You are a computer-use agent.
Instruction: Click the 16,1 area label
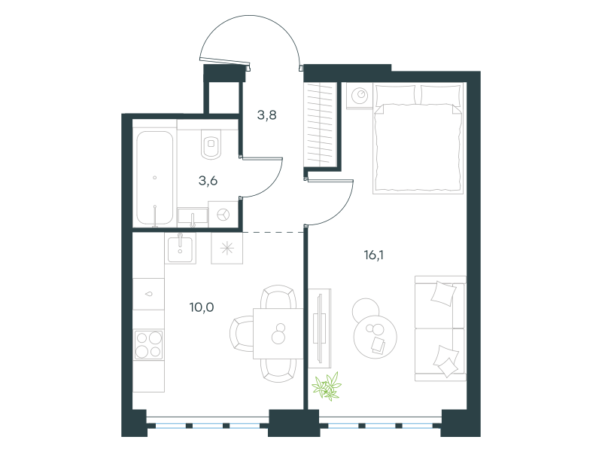point(373,255)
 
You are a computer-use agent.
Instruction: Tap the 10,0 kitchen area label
point(202,307)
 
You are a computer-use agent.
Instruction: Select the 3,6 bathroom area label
point(208,180)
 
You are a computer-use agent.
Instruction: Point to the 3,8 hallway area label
point(267,115)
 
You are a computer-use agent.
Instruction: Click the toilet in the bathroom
point(211,144)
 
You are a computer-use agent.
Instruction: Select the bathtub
point(155,178)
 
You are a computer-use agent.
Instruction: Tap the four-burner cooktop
point(148,345)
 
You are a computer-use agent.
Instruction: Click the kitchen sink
point(180,249)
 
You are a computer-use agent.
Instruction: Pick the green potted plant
point(327,386)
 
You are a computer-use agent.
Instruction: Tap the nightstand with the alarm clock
point(360,95)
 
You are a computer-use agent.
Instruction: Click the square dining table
point(278,334)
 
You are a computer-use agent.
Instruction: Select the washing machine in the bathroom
point(223,215)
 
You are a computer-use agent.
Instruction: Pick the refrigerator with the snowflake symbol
point(227,249)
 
